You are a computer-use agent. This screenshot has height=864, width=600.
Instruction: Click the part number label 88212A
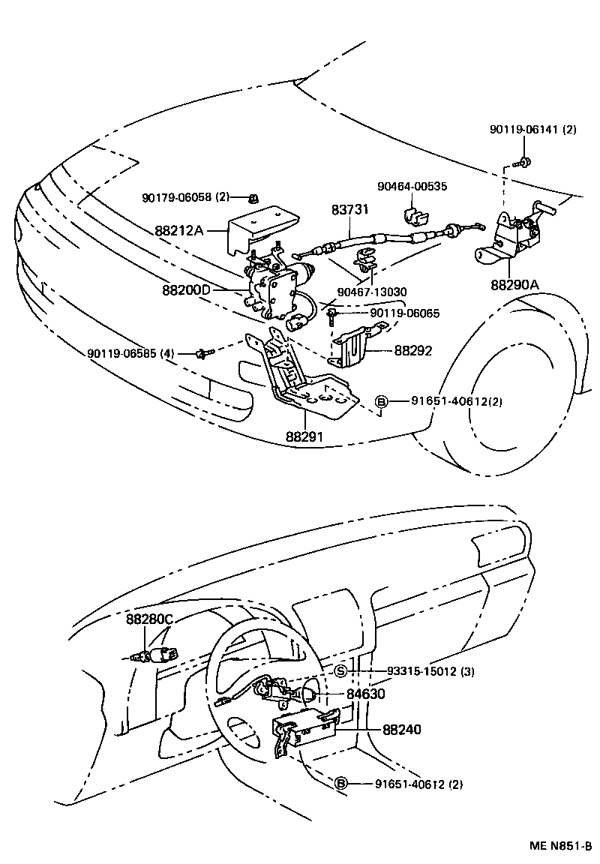(x=179, y=230)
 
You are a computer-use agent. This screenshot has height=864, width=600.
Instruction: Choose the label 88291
(x=305, y=436)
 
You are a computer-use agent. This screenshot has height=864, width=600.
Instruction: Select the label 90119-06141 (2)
(x=533, y=129)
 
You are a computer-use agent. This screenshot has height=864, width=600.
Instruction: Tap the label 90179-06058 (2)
(x=185, y=197)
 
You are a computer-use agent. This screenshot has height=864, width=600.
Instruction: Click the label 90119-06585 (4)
(x=130, y=353)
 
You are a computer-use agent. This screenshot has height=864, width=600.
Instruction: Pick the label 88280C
(x=150, y=619)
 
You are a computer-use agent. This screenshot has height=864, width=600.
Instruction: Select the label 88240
(x=402, y=728)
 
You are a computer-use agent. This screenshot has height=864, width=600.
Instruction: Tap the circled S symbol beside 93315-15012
(x=340, y=670)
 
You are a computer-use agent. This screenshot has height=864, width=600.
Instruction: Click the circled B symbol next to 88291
(x=380, y=401)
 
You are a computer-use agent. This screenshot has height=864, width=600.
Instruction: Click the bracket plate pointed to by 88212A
(x=261, y=225)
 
